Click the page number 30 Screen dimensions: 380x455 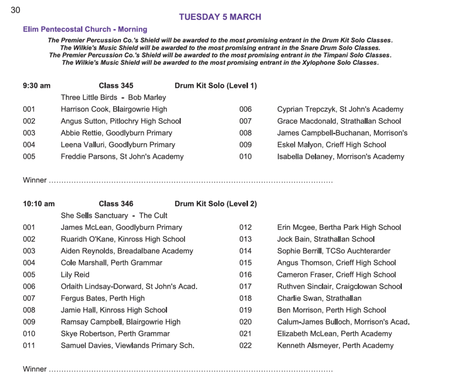[15, 10]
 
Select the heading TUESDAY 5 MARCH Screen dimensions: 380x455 [220, 17]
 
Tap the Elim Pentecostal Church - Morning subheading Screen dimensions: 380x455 [85, 29]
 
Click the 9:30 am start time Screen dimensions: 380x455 [36, 86]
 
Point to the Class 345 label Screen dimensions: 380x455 [116, 86]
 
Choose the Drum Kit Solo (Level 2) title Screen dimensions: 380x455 [216, 204]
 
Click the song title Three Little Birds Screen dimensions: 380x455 [89, 98]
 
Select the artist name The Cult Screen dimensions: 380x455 [153, 216]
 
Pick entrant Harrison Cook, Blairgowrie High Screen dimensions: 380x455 [114, 109]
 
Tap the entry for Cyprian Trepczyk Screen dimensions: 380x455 [340, 109]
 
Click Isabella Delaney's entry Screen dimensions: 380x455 [340, 156]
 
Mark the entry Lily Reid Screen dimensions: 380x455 [75, 275]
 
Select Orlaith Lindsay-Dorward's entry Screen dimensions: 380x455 [129, 286]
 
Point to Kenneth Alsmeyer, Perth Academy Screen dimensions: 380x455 [335, 345]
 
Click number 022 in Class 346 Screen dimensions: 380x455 [245, 345]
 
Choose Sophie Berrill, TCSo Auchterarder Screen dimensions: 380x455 [334, 251]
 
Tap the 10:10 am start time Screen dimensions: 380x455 [39, 204]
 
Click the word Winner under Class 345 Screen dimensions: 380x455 [35, 180]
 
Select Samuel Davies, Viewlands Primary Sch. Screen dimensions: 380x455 [128, 345]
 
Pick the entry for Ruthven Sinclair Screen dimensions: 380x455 [339, 286]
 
